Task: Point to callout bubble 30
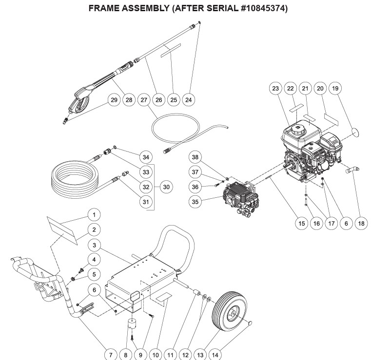166,186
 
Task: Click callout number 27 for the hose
144,99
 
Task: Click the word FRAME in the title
104,8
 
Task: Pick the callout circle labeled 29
113,99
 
